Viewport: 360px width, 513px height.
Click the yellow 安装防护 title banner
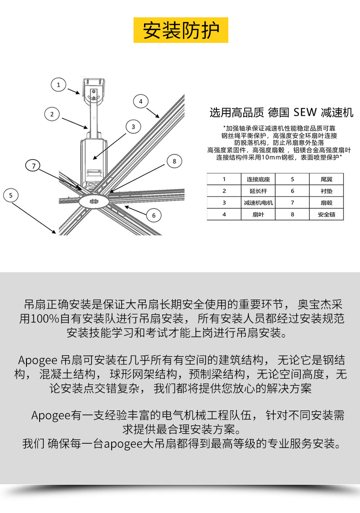[181, 30]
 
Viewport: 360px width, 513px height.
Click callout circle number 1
[58, 84]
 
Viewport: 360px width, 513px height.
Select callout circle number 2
[52, 114]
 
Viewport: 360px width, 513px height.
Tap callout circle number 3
[133, 127]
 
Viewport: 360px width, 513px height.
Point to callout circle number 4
[141, 101]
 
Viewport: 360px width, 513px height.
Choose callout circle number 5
[11, 196]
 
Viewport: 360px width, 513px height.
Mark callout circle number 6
[154, 215]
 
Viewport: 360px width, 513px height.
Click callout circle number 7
[33, 166]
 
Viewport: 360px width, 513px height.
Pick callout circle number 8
[174, 161]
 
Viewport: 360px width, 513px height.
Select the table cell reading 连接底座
[258, 179]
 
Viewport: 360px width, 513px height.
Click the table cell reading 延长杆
[258, 191]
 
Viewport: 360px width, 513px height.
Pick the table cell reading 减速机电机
[258, 202]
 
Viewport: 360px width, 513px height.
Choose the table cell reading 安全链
[326, 214]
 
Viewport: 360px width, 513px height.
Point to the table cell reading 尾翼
[326, 179]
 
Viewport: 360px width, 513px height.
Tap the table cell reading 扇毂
[326, 202]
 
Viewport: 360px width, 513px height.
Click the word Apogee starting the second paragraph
[37, 360]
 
